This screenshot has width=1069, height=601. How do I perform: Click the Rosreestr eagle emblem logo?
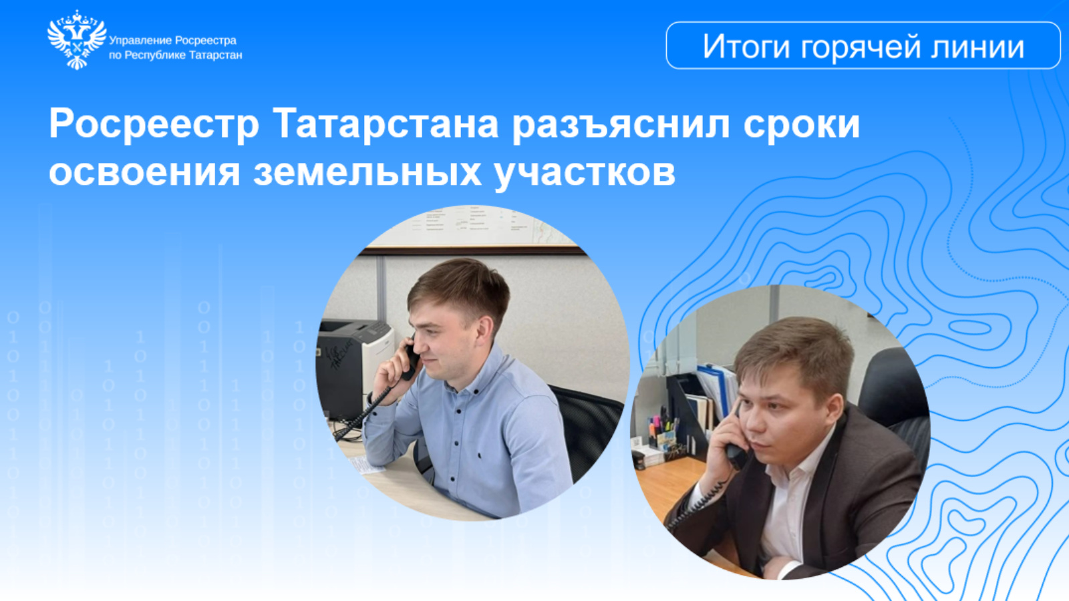(x=77, y=39)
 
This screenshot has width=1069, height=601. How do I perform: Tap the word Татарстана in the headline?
(x=386, y=124)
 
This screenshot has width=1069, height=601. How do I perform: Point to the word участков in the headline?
(x=585, y=173)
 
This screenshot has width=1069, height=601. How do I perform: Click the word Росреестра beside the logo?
(x=206, y=41)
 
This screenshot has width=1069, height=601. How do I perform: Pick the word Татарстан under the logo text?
(x=216, y=55)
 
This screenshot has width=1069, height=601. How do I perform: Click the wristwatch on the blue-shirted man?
(x=370, y=398)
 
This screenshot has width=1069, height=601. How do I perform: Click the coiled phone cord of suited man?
(x=698, y=506)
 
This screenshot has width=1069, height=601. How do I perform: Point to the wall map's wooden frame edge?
(x=472, y=250)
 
